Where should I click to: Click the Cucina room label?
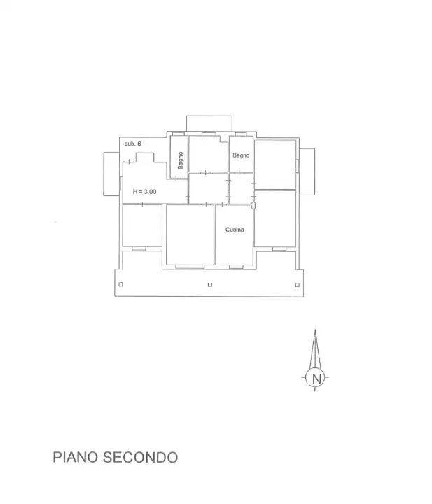235,230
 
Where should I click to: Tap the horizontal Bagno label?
241,155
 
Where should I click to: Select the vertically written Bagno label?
180,161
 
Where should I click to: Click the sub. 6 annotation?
133,143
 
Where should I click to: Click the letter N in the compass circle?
316,379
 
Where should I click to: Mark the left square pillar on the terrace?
120,284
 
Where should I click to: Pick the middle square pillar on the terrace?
210,284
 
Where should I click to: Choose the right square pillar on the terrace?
298,284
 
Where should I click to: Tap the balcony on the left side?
111,174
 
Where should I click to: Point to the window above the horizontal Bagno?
240,134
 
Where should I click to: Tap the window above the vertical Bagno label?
177,134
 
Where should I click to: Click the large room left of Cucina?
189,234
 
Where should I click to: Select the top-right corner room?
274,164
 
